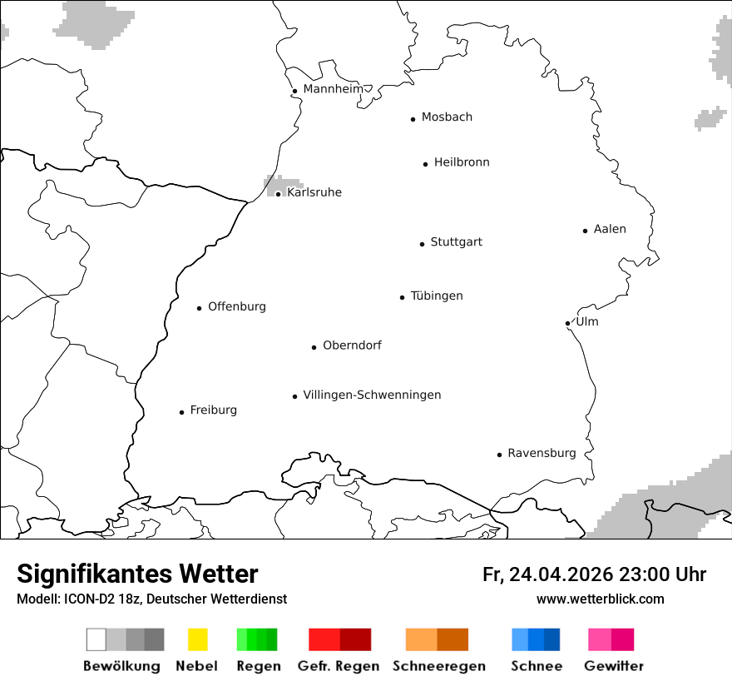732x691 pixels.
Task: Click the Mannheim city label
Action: (x=333, y=89)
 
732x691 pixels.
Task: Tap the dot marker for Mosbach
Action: (x=413, y=119)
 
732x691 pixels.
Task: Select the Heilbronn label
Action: (x=462, y=162)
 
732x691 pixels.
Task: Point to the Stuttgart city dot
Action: (x=422, y=244)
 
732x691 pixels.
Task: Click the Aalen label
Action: (x=610, y=229)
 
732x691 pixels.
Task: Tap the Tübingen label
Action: (x=437, y=296)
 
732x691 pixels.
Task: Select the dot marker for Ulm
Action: (x=567, y=323)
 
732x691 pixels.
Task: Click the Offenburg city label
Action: (x=237, y=306)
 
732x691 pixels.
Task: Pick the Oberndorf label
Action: (x=352, y=345)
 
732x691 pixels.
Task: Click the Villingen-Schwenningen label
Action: (x=372, y=395)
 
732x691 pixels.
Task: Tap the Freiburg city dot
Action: (x=181, y=412)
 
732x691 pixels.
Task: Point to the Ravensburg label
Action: (x=542, y=453)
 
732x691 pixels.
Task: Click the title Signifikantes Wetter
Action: (x=137, y=574)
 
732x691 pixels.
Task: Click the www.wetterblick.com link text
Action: (x=600, y=599)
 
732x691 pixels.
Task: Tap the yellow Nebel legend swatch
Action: (x=197, y=639)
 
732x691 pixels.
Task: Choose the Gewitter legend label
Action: (x=613, y=666)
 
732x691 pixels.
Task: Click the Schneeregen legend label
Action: (x=438, y=666)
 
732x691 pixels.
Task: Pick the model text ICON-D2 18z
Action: (x=98, y=599)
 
